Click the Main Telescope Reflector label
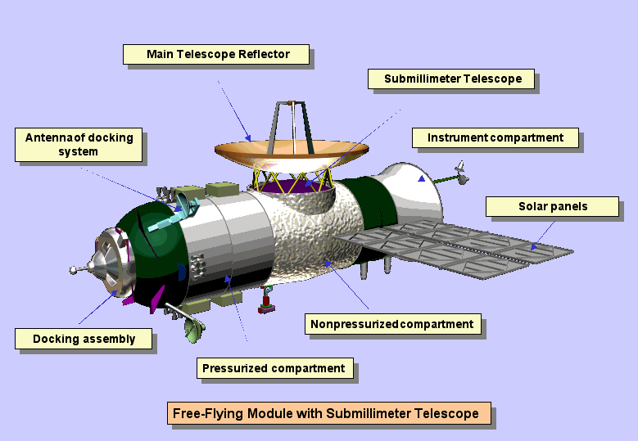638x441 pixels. tap(218, 54)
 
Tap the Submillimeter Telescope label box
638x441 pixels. tap(452, 79)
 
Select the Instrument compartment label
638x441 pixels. tap(495, 138)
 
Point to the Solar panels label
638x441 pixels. tap(553, 206)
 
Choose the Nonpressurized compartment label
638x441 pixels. tap(392, 324)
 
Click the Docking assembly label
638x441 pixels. tap(84, 339)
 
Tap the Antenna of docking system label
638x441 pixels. tap(79, 145)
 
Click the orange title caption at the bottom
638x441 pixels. tap(330, 413)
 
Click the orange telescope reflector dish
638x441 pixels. tap(291, 151)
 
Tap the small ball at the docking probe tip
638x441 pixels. tap(75, 269)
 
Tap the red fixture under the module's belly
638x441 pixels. tap(265, 304)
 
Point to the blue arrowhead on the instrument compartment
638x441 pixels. tap(422, 178)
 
